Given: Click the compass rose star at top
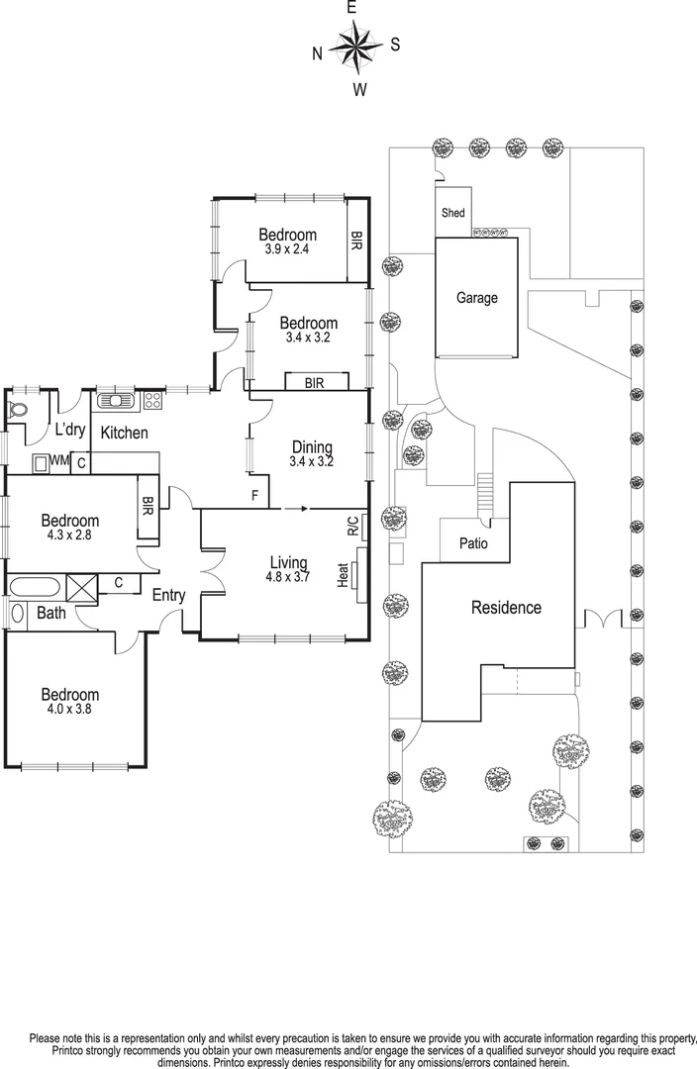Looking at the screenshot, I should pyautogui.click(x=355, y=47).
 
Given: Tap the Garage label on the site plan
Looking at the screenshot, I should pyautogui.click(x=476, y=298).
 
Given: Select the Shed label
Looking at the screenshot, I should pyautogui.click(x=452, y=213).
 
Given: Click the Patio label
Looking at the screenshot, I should pyautogui.click(x=472, y=543).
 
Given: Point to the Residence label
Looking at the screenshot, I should pyautogui.click(x=505, y=608).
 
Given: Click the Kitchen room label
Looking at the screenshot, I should pyautogui.click(x=125, y=433).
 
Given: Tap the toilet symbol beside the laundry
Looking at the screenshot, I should pyautogui.click(x=18, y=409).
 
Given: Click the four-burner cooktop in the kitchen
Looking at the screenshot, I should pyautogui.click(x=153, y=401).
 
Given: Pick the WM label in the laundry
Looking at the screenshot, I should pyautogui.click(x=59, y=460).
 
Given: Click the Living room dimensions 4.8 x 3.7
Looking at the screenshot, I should pyautogui.click(x=288, y=578).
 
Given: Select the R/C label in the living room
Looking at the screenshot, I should pyautogui.click(x=352, y=526).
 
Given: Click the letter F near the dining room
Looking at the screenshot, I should pyautogui.click(x=254, y=495).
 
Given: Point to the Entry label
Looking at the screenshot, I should pyautogui.click(x=168, y=595).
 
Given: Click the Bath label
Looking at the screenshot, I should pyautogui.click(x=51, y=614).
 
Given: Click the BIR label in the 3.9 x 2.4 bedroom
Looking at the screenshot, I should pyautogui.click(x=355, y=242).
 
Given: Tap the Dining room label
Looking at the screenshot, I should pyautogui.click(x=311, y=446).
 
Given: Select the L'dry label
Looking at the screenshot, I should pyautogui.click(x=69, y=430).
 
